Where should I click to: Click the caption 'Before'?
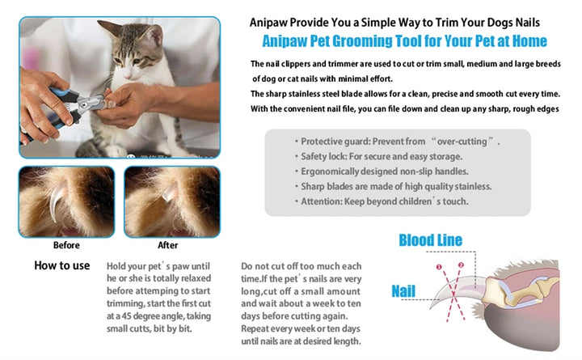66,245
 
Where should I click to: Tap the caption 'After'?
168,245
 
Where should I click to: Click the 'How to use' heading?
61,265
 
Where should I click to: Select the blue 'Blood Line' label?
430,240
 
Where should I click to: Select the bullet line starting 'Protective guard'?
396,141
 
